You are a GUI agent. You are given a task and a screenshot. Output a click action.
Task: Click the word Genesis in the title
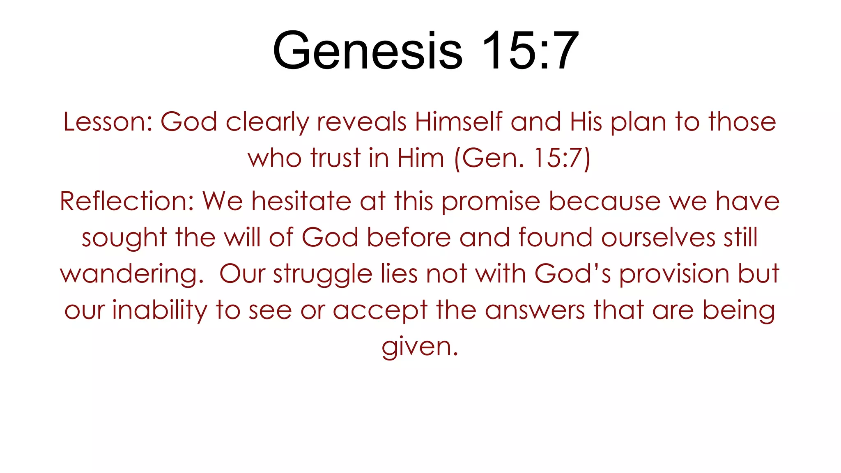point(368,51)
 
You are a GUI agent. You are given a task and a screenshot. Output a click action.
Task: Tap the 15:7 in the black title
point(530,51)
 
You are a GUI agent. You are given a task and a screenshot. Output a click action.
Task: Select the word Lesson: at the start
point(108,122)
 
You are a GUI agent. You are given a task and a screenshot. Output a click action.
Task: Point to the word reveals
point(361,122)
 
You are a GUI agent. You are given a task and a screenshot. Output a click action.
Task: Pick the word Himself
point(458,122)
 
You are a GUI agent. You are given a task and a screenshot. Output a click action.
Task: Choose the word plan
point(639,123)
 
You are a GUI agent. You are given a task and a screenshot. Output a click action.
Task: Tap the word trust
point(335,158)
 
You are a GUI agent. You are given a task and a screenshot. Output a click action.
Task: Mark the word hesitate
point(301,201)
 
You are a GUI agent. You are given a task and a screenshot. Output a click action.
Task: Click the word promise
point(491,202)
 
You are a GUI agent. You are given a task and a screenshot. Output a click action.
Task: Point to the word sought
point(124,238)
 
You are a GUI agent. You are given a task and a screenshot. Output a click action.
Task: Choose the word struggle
point(323,274)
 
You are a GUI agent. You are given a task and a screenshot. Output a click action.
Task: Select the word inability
point(160,310)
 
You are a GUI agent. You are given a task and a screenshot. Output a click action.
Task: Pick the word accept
point(380,311)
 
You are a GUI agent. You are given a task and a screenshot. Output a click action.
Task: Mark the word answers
point(535,310)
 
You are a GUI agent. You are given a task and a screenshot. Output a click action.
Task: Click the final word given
point(420,347)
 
